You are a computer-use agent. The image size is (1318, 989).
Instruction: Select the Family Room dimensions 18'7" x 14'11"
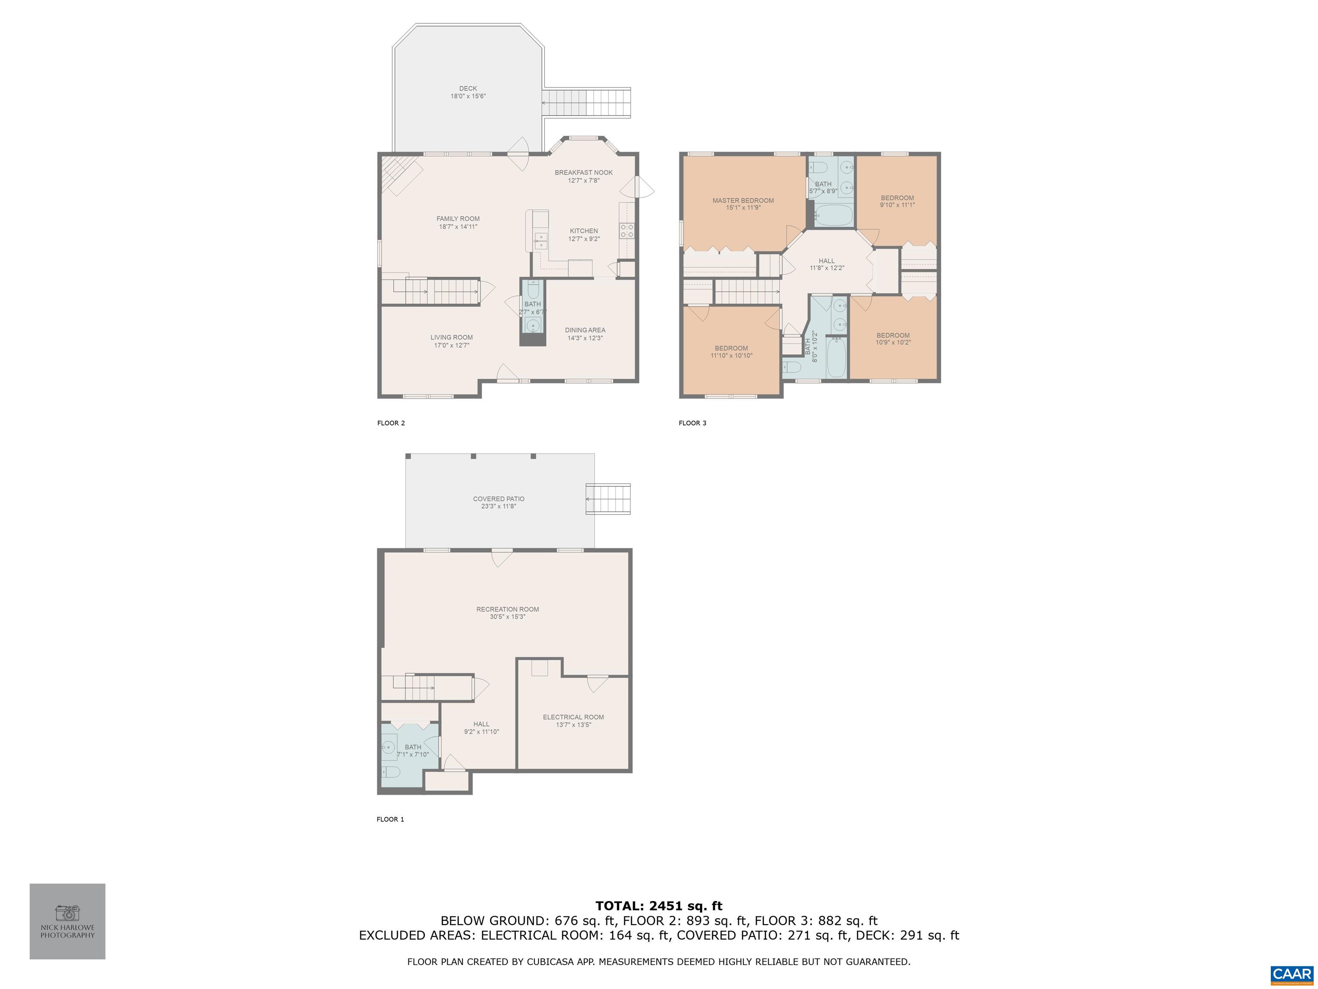(x=458, y=227)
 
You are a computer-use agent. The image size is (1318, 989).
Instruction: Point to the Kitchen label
(x=583, y=231)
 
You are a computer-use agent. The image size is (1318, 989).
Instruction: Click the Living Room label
(x=452, y=337)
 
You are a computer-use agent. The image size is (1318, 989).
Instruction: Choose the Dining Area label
(x=585, y=330)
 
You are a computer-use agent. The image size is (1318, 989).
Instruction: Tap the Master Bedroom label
(x=743, y=200)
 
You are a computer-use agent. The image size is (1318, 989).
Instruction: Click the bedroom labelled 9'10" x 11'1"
(x=898, y=198)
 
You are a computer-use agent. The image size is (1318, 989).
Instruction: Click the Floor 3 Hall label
(x=826, y=261)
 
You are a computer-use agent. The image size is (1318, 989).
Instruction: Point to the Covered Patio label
(x=499, y=499)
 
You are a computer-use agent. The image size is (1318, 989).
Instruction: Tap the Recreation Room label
(x=508, y=609)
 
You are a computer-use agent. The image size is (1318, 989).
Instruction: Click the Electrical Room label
(x=573, y=717)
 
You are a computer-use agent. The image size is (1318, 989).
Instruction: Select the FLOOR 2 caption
(x=391, y=423)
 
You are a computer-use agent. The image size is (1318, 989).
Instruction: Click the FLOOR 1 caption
(x=390, y=819)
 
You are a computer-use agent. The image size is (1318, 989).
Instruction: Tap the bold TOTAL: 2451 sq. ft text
(x=659, y=906)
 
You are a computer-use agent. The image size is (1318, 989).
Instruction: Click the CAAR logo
(x=1292, y=975)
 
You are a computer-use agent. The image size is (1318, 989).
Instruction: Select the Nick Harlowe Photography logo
(x=67, y=921)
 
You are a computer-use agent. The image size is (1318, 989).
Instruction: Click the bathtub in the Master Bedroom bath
(x=834, y=215)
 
